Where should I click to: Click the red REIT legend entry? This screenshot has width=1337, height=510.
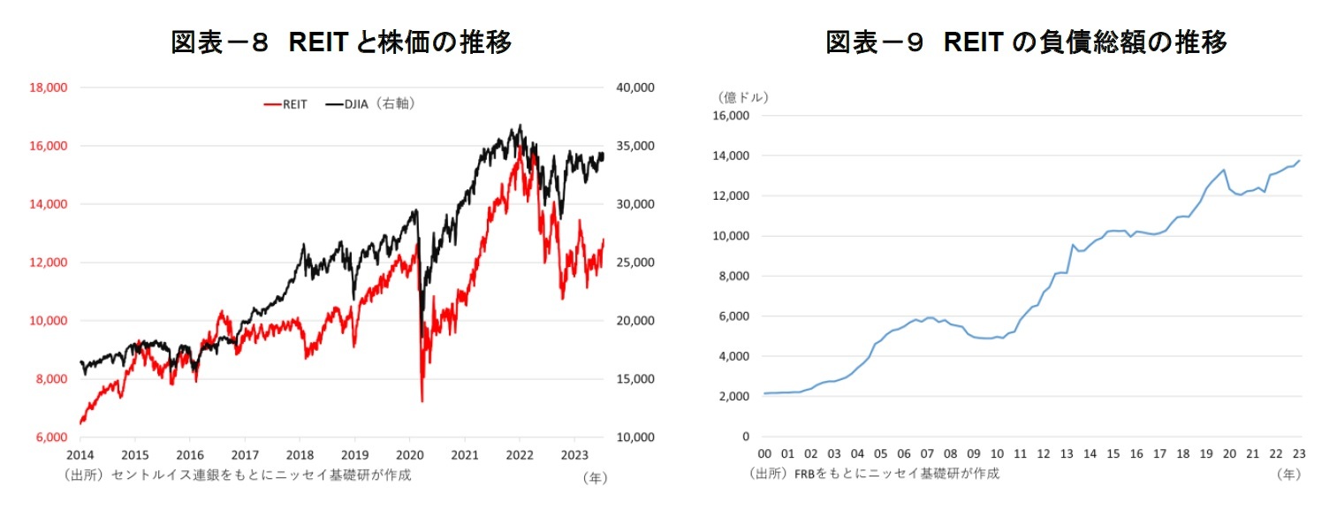(285, 104)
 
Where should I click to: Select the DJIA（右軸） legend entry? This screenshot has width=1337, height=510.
(370, 104)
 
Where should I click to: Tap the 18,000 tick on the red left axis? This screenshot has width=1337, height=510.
(49, 88)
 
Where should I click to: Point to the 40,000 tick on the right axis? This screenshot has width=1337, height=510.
(633, 88)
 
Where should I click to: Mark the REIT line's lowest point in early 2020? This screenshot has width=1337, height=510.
(422, 401)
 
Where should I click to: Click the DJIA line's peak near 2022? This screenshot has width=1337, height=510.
(520, 126)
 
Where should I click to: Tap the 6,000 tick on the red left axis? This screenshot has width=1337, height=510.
(51, 438)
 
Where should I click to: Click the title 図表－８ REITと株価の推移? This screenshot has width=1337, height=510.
(341, 42)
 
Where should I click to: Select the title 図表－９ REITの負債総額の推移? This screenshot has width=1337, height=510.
(1026, 42)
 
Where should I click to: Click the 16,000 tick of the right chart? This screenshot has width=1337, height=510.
(731, 116)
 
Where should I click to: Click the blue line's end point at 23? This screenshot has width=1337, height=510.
(1300, 160)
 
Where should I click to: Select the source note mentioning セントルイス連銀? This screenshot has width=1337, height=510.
(237, 475)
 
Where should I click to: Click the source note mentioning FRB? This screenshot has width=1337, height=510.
(874, 474)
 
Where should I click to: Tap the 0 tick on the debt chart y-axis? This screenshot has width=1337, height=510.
(746, 437)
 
